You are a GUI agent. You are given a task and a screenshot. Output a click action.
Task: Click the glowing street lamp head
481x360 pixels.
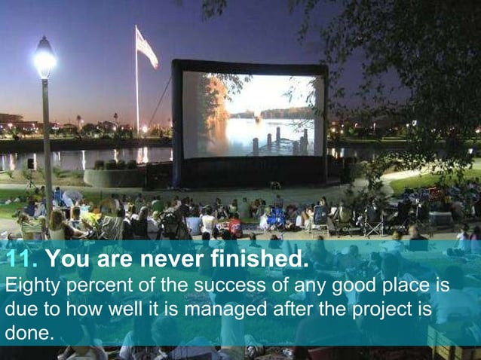click(44, 58)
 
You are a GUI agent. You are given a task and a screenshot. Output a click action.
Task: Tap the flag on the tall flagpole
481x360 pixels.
click(146, 47)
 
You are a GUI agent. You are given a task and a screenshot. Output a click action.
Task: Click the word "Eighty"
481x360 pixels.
click(29, 286)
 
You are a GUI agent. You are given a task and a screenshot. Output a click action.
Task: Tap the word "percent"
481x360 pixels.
click(95, 286)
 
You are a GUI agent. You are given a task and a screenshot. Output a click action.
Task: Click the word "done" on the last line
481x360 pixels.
click(29, 331)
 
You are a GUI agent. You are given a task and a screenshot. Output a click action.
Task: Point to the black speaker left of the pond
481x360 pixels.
click(31, 163)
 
